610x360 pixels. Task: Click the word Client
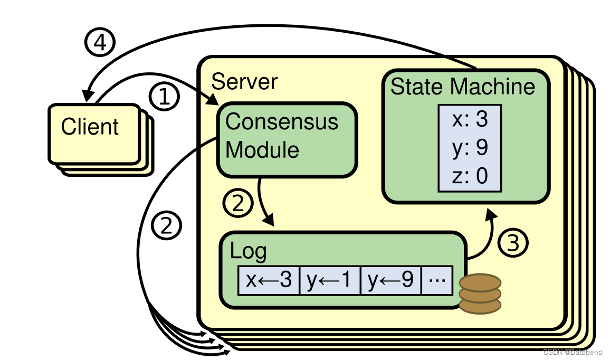tap(90, 127)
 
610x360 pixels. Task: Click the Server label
tap(244, 82)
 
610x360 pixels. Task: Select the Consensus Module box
tap(287, 138)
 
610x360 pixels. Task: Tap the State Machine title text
tap(462, 87)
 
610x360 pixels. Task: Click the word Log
tap(248, 251)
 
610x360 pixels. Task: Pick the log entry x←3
tap(268, 280)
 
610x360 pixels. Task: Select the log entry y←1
tap(329, 280)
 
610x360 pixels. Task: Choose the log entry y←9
tap(390, 280)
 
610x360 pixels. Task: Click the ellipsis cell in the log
tap(437, 280)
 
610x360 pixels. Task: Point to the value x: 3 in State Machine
tap(470, 120)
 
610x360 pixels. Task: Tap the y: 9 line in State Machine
tap(470, 148)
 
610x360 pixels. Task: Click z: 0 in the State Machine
tap(470, 176)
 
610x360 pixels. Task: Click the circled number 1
tap(165, 98)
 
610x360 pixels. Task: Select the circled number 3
tap(513, 243)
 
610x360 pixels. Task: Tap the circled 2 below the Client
tap(167, 226)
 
